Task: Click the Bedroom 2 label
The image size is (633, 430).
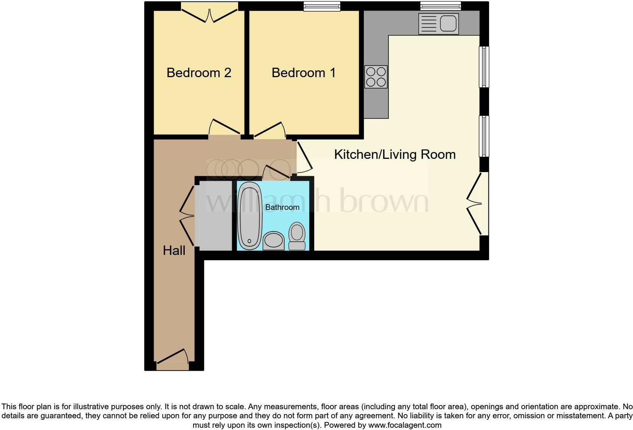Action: [x=199, y=73]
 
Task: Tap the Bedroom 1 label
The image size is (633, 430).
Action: [x=304, y=73]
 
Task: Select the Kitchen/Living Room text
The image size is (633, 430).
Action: [x=394, y=154]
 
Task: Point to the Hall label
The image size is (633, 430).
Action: [x=174, y=250]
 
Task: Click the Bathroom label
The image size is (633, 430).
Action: [x=282, y=207]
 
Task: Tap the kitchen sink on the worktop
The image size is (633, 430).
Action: [x=438, y=24]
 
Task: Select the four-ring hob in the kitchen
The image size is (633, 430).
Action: [x=376, y=77]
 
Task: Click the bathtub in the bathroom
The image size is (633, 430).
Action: [x=249, y=216]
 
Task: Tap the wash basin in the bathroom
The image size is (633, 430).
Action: [x=273, y=241]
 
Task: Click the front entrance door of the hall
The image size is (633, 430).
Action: [x=172, y=359]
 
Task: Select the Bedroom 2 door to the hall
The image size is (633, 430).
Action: [x=225, y=129]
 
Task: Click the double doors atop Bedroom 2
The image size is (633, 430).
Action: [x=209, y=13]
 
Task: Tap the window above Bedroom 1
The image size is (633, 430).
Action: [x=322, y=6]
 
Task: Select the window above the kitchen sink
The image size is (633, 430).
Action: [x=440, y=6]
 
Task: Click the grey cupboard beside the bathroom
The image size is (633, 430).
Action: [x=214, y=216]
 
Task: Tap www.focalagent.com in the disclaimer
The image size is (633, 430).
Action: [x=405, y=425]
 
